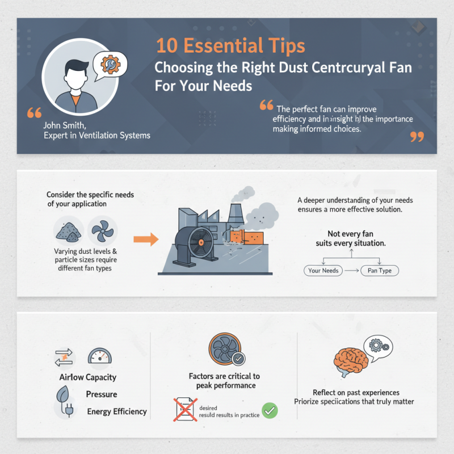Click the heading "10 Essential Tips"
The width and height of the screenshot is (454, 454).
[x=230, y=46]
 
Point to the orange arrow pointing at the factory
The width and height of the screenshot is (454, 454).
[x=146, y=239]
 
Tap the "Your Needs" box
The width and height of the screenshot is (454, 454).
[x=323, y=271]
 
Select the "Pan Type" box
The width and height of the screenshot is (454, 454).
[x=380, y=271]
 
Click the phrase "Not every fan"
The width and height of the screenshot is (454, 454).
[x=350, y=233]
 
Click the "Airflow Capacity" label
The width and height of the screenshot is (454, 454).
[x=87, y=377]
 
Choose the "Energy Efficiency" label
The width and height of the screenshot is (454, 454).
[x=117, y=411]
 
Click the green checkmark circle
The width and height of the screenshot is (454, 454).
[x=270, y=411]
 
